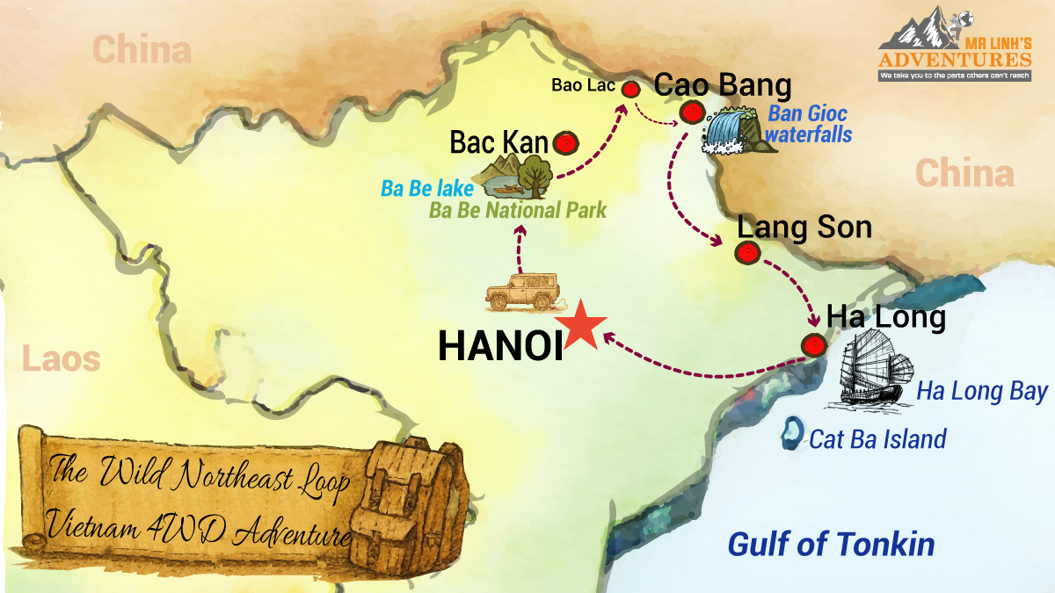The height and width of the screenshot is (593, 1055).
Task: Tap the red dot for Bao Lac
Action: coord(629,89)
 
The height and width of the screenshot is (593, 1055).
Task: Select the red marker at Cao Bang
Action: coord(692,112)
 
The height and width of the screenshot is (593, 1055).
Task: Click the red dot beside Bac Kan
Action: coord(565,142)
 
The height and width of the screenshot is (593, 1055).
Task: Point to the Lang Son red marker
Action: coord(746,253)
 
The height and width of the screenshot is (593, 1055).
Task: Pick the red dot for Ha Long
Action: coord(814,345)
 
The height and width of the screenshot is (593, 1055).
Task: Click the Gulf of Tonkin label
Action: coord(831,544)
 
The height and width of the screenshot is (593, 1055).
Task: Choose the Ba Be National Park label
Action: coord(518,211)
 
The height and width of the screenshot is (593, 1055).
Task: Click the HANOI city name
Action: coord(500,346)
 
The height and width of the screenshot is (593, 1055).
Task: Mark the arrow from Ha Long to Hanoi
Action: coord(695,366)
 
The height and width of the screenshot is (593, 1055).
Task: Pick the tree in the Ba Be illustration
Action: coord(534,174)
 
